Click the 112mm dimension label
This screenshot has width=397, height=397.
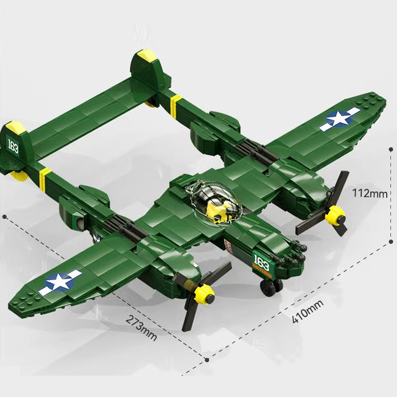[369, 193]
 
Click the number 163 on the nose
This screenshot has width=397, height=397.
[261, 260]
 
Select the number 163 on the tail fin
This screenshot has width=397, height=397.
[12, 143]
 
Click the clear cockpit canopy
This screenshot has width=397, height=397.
[211, 198]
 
